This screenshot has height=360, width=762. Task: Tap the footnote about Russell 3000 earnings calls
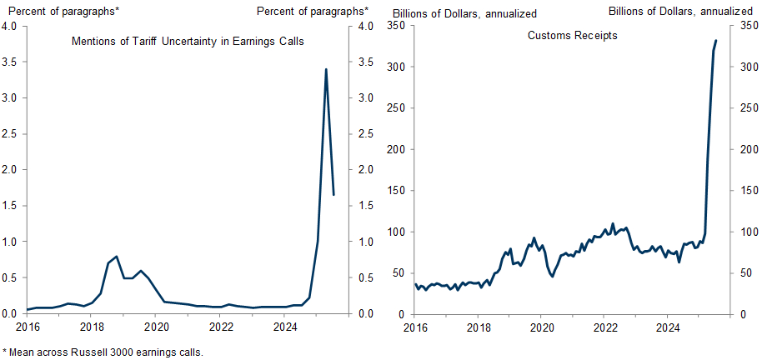103,352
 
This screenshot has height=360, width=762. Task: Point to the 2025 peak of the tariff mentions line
325,69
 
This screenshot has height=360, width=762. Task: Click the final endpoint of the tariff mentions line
333,195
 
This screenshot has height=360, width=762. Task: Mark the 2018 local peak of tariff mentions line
116,257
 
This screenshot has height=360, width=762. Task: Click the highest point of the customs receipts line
716,40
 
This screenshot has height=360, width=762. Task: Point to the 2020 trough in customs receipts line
552,277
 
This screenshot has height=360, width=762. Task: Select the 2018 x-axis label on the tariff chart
92,327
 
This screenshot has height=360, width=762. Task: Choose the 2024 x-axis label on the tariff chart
285,327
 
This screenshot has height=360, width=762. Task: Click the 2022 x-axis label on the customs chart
604,327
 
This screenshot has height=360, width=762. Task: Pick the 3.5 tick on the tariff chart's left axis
10,62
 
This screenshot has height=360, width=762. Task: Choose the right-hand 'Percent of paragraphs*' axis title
312,11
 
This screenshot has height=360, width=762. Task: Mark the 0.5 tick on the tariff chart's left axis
10,278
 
